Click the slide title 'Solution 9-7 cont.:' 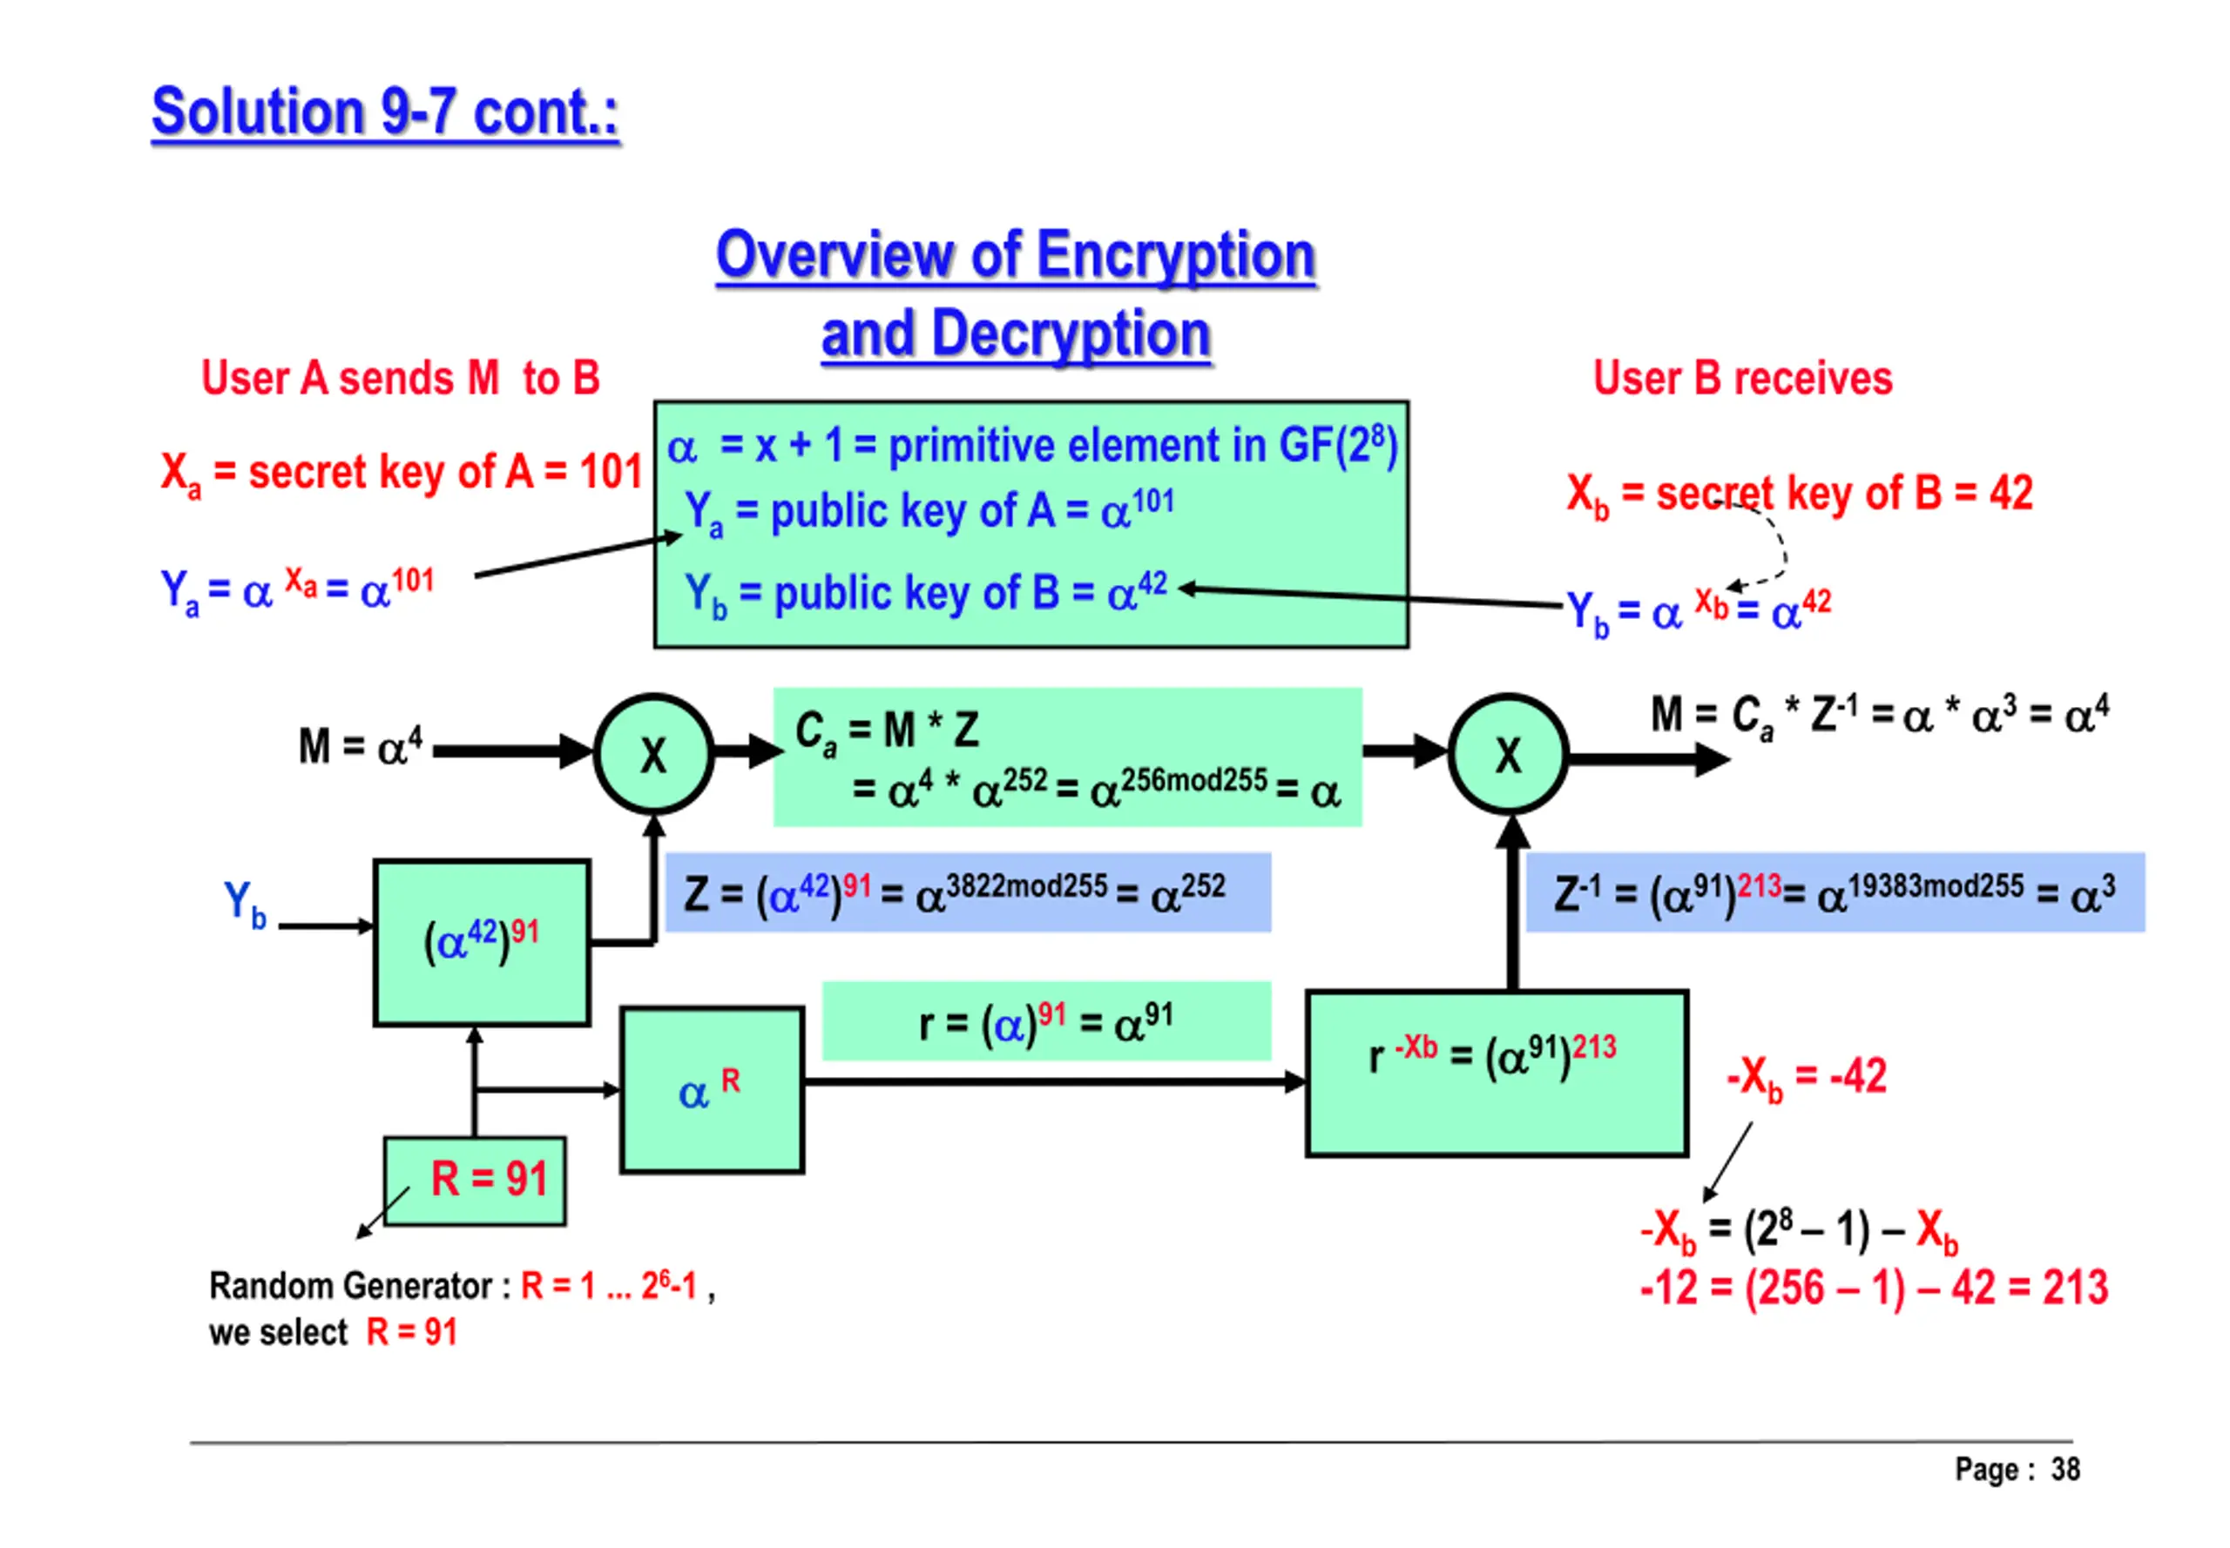(x=385, y=113)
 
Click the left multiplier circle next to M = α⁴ (x=654, y=754)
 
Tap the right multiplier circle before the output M (x=1507, y=754)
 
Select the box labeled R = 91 (x=476, y=1180)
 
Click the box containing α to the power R (x=712, y=1089)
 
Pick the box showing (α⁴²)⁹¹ (x=482, y=942)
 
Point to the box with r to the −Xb (x=1496, y=1073)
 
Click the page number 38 (x=2064, y=1470)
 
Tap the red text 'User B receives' (x=1742, y=378)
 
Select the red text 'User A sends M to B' (x=400, y=378)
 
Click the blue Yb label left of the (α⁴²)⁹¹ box (x=245, y=904)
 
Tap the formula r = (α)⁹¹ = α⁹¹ (x=1045, y=1022)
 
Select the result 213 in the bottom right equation (x=2075, y=1288)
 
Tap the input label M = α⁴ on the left (x=360, y=746)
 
